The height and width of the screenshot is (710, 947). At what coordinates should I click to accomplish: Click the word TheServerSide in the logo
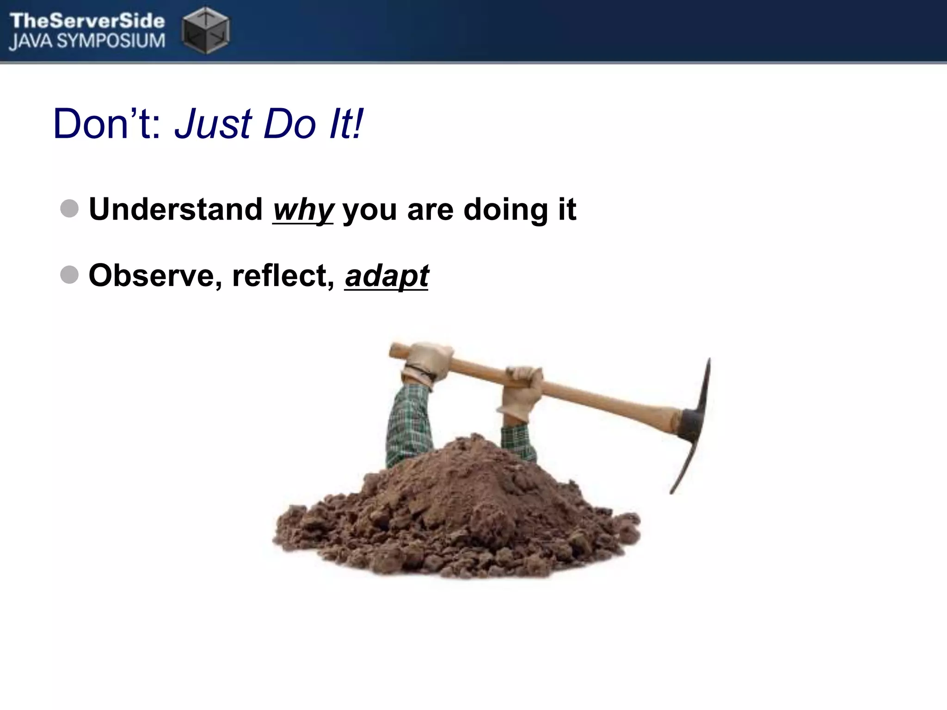click(x=87, y=21)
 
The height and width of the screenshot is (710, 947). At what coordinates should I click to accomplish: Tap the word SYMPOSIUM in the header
click(x=117, y=41)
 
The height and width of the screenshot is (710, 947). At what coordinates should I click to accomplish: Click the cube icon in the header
click(x=206, y=30)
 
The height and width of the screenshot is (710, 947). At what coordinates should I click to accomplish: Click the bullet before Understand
click(x=69, y=208)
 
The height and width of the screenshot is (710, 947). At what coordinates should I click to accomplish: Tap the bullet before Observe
click(x=69, y=275)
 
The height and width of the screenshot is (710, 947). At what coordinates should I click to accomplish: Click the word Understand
click(x=176, y=209)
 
